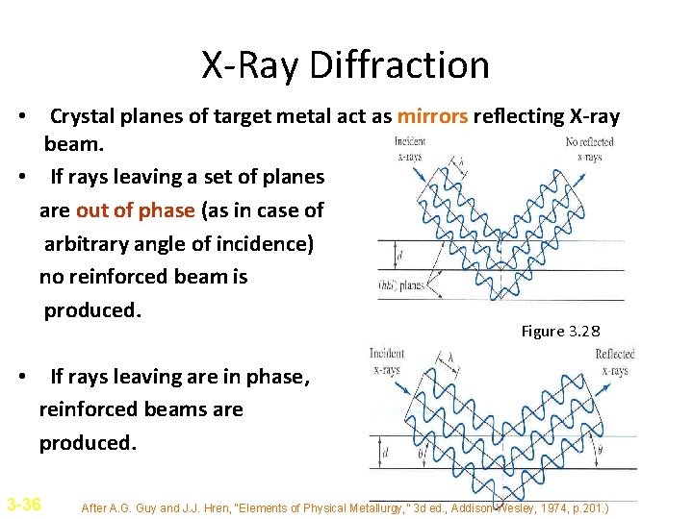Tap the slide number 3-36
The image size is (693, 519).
23,504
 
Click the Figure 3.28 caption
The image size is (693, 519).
560,332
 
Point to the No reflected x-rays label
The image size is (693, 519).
589,149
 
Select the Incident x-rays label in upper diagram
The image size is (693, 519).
409,149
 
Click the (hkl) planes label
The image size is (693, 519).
403,285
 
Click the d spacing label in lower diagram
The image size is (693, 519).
386,451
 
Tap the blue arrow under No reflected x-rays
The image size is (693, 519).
576,174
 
